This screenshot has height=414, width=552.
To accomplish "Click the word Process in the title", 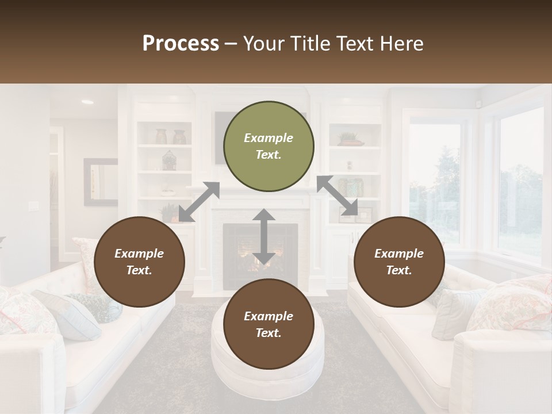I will pos(181,43).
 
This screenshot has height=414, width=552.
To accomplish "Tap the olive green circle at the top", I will pos(269,146).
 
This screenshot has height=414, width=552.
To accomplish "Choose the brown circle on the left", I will pos(139,262).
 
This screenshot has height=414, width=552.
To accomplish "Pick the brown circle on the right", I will pos(399,262).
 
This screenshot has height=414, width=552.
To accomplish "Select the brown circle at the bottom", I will pos(269,324).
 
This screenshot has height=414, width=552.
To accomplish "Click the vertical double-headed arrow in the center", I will pos(263,237).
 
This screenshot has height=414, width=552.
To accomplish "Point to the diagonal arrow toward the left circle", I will pos(200,201).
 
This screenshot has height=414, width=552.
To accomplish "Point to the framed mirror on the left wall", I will pos(100,182).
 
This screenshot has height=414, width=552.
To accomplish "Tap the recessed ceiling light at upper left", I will pos(87,102).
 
